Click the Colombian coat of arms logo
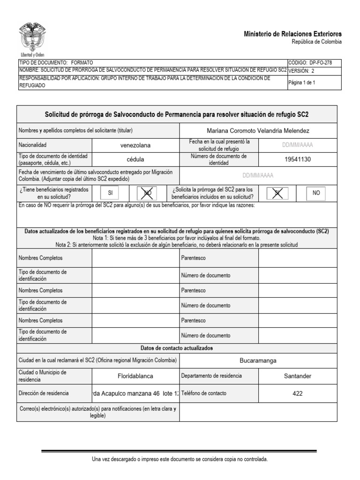coord(32,37)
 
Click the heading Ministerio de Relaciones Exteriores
coord(293,34)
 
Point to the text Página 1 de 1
coord(301,82)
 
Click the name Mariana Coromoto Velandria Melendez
coord(258,130)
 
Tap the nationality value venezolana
coord(135,145)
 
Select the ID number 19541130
coord(298,159)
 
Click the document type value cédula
coord(135,159)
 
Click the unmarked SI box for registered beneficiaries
coord(111,193)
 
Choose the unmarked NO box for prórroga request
coord(316,193)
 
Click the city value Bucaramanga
coord(258,360)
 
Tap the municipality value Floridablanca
coord(135,376)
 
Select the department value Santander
coord(298,376)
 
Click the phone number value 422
coord(298,394)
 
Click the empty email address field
coord(258,412)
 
